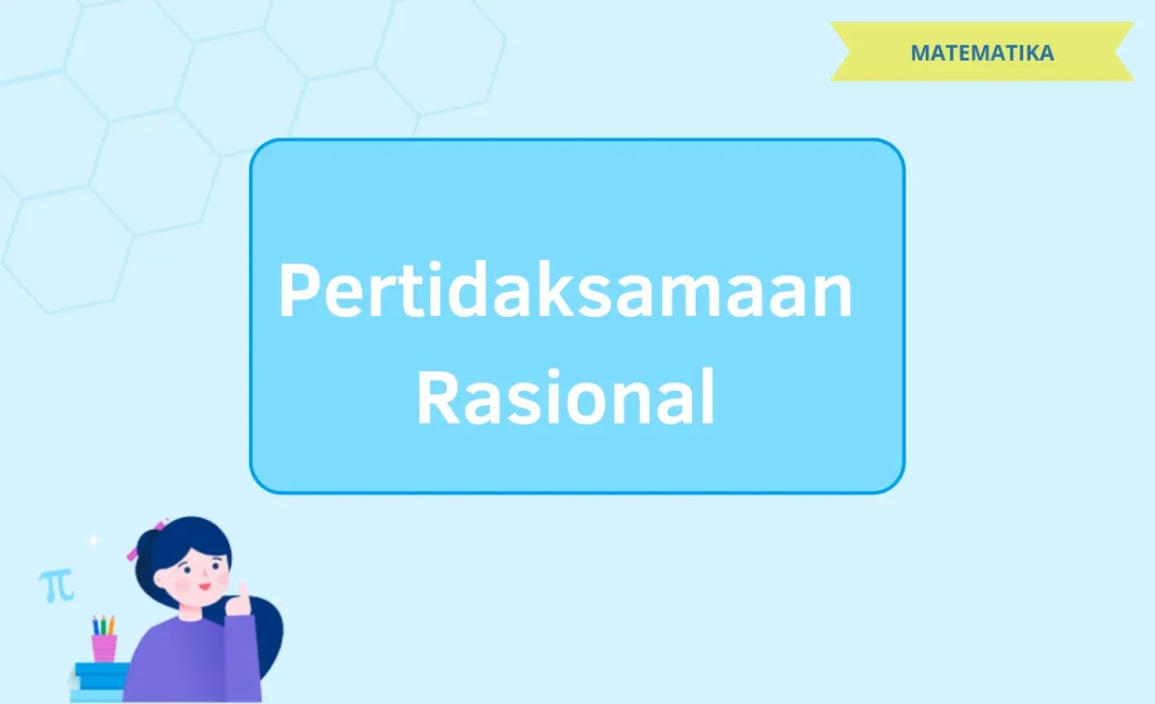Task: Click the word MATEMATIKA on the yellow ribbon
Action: [982, 53]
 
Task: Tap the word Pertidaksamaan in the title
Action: [565, 293]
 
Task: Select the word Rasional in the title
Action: [566, 398]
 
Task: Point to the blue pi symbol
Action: [56, 585]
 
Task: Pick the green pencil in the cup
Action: [103, 625]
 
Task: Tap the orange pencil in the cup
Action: [111, 625]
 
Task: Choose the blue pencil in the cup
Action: [95, 625]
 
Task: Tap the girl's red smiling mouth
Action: [205, 586]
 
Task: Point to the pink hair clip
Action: [133, 554]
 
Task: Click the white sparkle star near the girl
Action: [93, 541]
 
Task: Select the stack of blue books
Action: [99, 676]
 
